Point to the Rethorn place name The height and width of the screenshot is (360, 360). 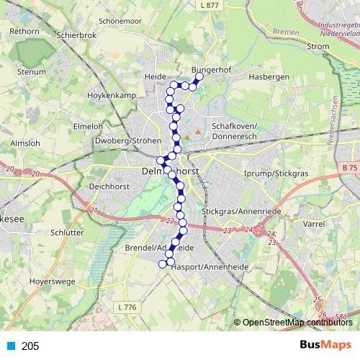click(x=24, y=32)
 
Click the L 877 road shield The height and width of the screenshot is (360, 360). click(x=210, y=4)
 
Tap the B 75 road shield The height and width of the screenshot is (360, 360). click(x=349, y=168)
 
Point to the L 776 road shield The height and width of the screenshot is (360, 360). click(x=126, y=307)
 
